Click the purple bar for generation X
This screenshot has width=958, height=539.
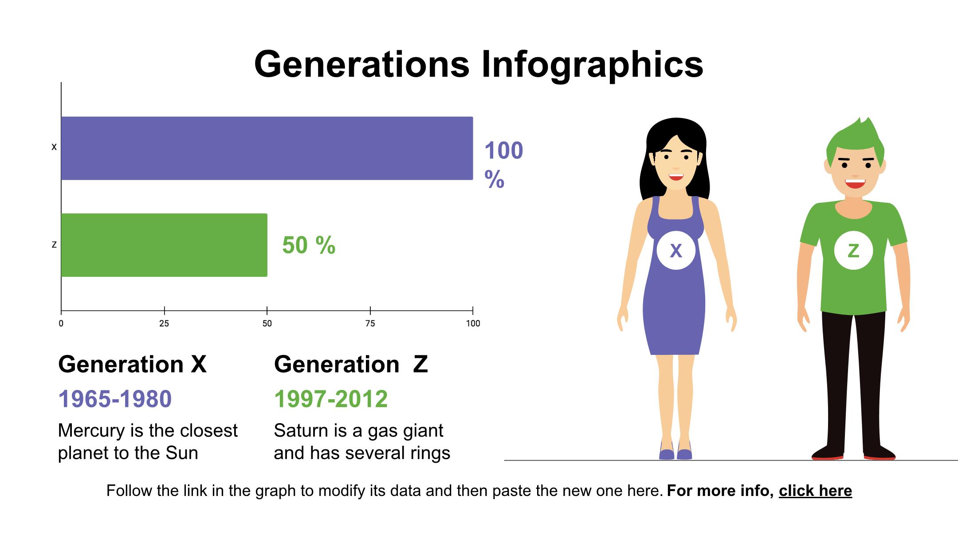(x=267, y=148)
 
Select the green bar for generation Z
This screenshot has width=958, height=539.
(x=164, y=245)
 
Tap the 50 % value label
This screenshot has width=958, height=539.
(x=309, y=245)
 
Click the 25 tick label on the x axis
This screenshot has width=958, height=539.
(x=164, y=324)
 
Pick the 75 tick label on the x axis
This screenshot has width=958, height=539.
(x=370, y=324)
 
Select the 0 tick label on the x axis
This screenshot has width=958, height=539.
(x=61, y=324)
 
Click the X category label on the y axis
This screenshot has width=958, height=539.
(x=54, y=147)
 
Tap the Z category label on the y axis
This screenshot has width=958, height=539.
(x=54, y=245)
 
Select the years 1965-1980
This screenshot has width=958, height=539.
(x=115, y=399)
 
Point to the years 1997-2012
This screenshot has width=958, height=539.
(x=331, y=399)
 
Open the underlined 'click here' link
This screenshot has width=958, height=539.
(x=815, y=491)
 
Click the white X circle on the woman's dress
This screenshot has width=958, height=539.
(x=675, y=251)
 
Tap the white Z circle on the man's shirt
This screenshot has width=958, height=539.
(x=853, y=251)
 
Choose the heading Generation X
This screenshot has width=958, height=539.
(x=132, y=365)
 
